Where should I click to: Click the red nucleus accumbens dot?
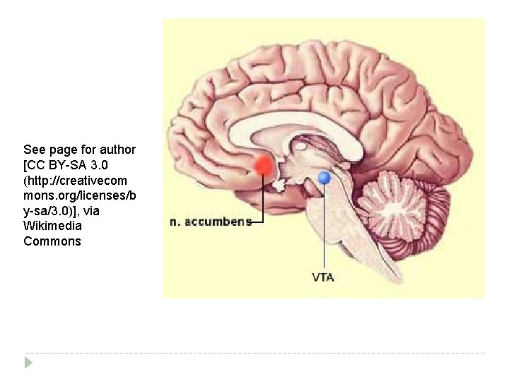click(x=263, y=165)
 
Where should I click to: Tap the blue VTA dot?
click(x=324, y=178)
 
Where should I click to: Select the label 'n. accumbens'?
click(x=211, y=222)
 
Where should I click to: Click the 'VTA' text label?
click(x=323, y=277)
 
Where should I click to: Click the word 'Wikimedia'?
click(x=52, y=226)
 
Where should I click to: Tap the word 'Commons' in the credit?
click(x=52, y=241)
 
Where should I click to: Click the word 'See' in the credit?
click(x=35, y=150)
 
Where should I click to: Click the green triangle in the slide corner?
click(x=28, y=363)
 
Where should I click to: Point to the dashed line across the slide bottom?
click(x=255, y=353)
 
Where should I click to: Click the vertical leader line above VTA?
click(x=324, y=226)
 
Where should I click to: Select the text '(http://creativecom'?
click(x=75, y=181)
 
